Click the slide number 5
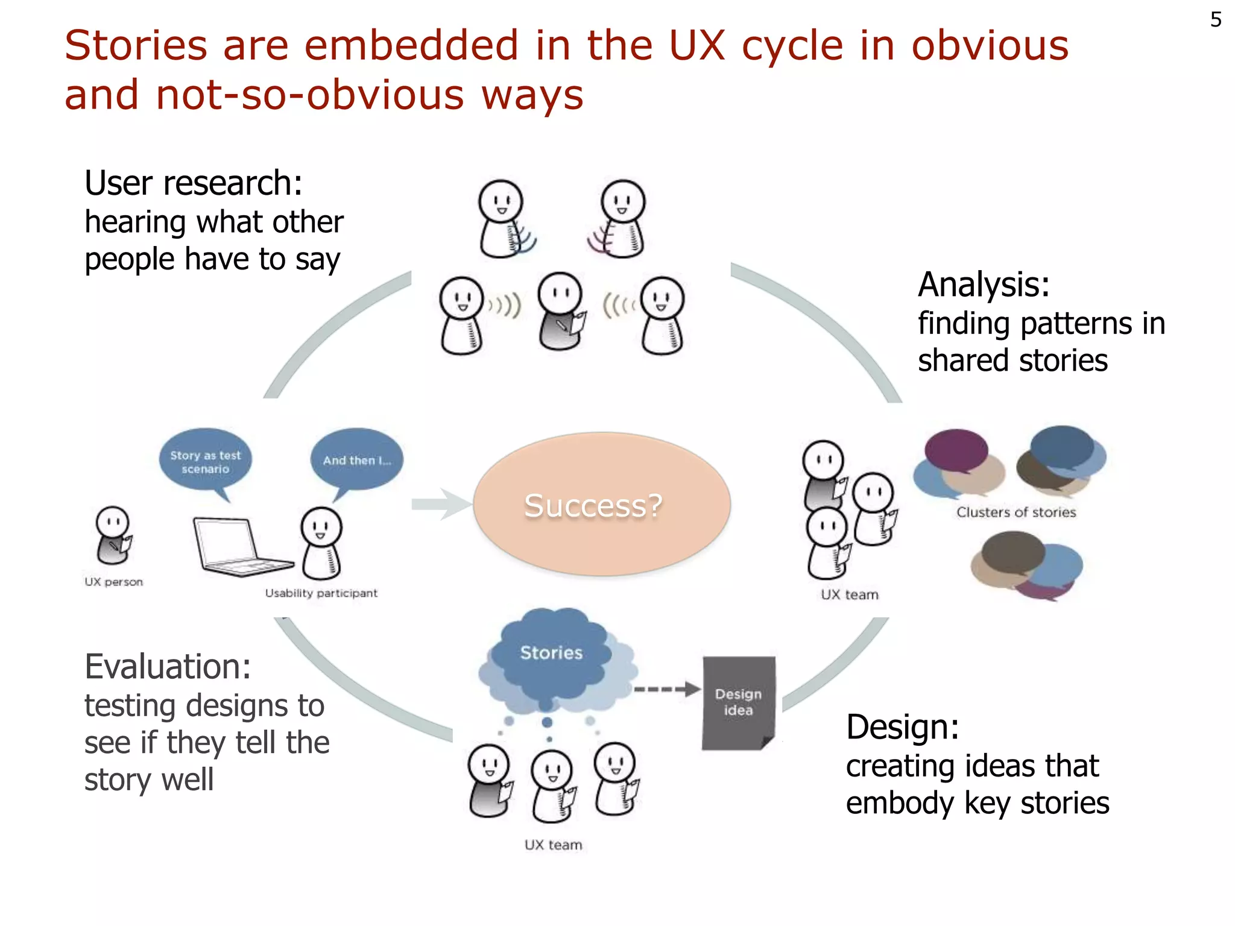1216,20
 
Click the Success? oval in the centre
601,504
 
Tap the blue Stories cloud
551,654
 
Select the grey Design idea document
739,702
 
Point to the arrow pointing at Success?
441,504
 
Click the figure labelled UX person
113,534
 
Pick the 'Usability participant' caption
321,593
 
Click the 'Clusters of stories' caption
1016,512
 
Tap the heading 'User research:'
194,183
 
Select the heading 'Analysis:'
984,285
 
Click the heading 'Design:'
902,727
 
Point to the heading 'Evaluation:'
168,667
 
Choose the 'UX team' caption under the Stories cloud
553,845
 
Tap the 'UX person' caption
114,582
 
